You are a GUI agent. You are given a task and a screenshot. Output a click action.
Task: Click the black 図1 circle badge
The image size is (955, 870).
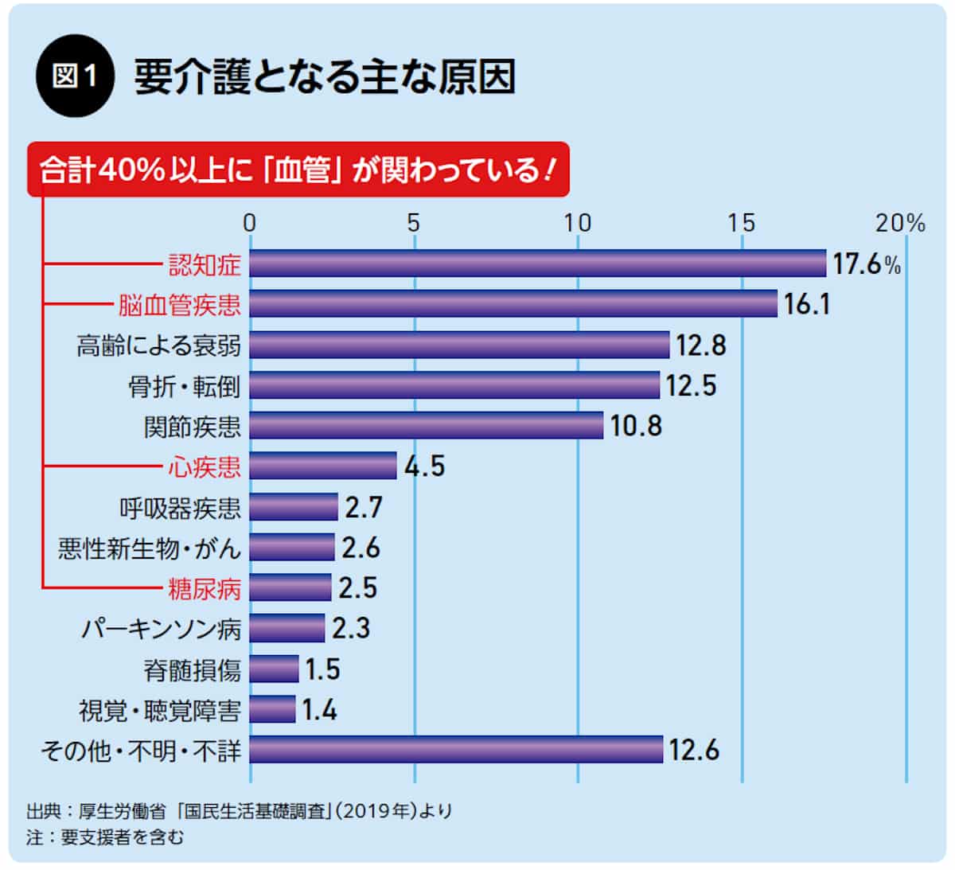(76, 77)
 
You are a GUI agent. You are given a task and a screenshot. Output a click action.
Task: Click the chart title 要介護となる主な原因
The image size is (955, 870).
(325, 77)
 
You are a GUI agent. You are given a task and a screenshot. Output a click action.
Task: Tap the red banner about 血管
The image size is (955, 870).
(298, 170)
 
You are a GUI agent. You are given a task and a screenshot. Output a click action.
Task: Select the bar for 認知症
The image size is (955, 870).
(537, 263)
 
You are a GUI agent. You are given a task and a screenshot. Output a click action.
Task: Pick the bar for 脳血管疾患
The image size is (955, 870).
(513, 304)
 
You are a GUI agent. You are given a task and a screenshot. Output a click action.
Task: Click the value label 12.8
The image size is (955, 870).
(701, 345)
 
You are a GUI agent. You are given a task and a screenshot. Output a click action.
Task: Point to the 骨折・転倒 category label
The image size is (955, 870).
(184, 386)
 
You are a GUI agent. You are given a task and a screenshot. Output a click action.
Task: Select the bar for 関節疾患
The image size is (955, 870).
(427, 426)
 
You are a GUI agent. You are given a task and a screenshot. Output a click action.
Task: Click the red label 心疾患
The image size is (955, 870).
(204, 466)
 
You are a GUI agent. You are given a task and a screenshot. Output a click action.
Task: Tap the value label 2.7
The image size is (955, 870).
(364, 507)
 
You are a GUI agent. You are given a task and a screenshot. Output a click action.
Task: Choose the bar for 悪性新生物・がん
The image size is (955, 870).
(292, 548)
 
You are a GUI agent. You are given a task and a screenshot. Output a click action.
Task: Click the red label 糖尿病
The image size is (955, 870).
(204, 588)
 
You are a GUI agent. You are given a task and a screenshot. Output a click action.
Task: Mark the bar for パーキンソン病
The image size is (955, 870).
(287, 629)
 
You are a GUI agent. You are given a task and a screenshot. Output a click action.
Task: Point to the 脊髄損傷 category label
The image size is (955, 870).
(192, 669)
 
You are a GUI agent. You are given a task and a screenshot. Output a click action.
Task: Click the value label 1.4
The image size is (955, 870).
(319, 709)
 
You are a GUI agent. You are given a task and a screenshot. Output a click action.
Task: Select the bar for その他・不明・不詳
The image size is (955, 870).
(456, 750)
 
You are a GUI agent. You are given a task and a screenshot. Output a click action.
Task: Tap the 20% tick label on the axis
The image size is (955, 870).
(900, 224)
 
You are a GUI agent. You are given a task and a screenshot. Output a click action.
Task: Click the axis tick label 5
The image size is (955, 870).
(414, 224)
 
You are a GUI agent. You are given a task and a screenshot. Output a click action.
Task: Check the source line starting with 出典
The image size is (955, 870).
(239, 811)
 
